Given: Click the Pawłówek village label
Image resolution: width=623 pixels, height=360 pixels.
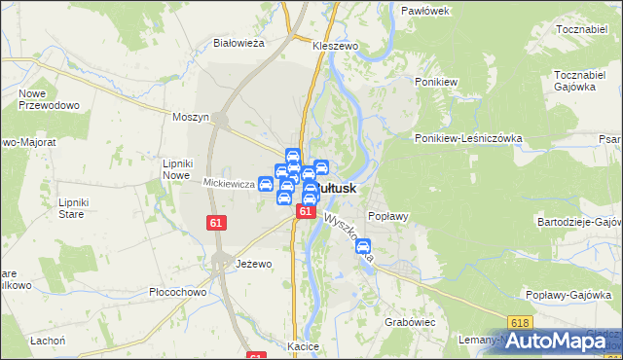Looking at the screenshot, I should pos(424,11).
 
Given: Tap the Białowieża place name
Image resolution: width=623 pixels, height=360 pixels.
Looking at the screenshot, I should pos(239,43).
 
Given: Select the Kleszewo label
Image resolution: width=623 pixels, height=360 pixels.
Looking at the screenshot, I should pos(336,46).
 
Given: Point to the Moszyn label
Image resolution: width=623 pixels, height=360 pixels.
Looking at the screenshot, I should pos(191,117).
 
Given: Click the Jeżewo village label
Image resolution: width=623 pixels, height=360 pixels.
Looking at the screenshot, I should pos(254,264).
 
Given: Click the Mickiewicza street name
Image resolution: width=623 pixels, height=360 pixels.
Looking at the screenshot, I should pos(228,183).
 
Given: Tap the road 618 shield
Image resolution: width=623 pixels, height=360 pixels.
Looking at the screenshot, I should pos(518,322).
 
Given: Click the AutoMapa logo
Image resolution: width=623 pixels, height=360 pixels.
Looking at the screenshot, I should pos(561,340).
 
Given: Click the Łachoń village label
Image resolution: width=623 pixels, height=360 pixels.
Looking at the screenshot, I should pos(47,340).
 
